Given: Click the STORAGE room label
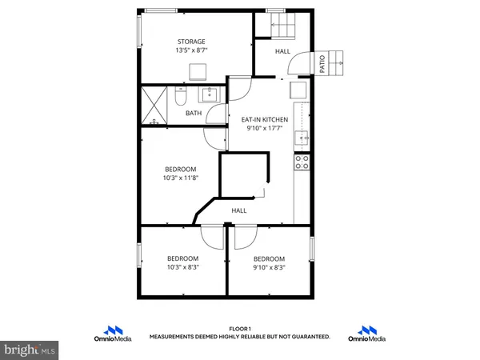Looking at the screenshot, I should (191, 42).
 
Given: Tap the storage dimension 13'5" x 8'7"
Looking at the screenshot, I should (191, 50).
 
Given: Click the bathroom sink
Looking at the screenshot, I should (210, 95).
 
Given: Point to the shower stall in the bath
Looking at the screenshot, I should (157, 104).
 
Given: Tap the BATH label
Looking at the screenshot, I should (194, 114).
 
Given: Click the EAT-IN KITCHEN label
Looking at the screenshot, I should (264, 119).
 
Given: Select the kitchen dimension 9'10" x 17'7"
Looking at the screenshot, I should (264, 128).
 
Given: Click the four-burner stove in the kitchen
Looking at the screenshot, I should (302, 162).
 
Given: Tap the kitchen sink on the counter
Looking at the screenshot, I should (302, 138).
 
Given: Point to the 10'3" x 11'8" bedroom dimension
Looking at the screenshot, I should (181, 178).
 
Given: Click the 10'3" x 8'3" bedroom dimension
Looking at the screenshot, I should (182, 267).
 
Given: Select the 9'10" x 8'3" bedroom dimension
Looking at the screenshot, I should (269, 267).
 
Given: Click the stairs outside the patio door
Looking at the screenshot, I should (339, 60).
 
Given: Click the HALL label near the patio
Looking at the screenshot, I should (283, 51).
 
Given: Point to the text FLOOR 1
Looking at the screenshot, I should (239, 329).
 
